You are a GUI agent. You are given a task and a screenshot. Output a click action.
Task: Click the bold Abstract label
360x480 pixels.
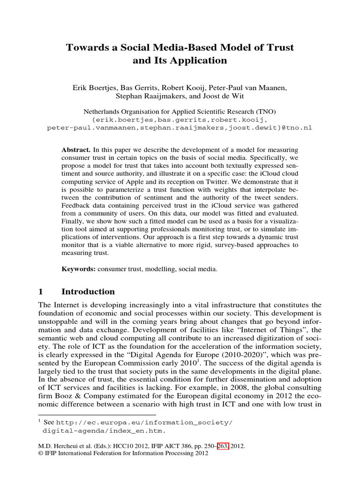click(76, 150)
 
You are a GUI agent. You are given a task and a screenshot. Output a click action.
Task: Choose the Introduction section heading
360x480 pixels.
click(88, 292)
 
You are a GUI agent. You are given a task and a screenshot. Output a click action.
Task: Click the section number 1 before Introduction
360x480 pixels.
click(40, 292)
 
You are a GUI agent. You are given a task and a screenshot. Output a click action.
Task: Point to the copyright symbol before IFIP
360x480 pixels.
click(40, 454)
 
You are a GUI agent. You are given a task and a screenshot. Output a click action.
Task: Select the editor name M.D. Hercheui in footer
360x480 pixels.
click(57, 447)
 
